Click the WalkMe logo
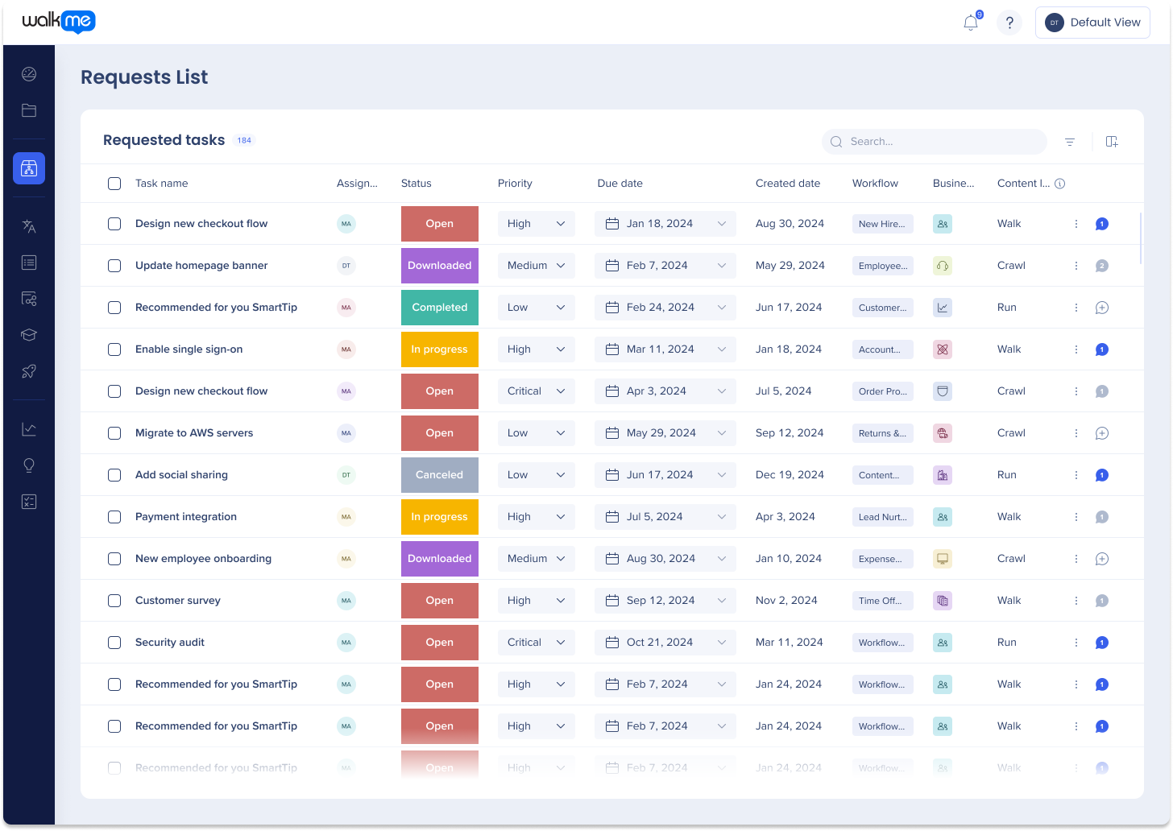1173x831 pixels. [x=59, y=23]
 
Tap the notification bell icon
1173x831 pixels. [x=971, y=23]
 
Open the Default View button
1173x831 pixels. [x=1092, y=23]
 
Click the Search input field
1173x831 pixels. [x=943, y=142]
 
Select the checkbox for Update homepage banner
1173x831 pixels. [x=114, y=266]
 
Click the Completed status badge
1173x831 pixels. [x=439, y=308]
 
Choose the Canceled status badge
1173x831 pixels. [x=439, y=475]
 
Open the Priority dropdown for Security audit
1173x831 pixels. [x=536, y=643]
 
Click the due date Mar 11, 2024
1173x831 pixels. [x=665, y=349]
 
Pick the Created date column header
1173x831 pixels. [x=787, y=184]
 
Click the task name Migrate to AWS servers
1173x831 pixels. [x=194, y=433]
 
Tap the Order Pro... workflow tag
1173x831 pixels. [x=882, y=391]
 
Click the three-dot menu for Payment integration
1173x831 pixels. [x=1076, y=517]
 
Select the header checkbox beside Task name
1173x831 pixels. [x=114, y=184]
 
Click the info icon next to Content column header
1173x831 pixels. [x=1059, y=184]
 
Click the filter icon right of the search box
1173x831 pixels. [x=1070, y=142]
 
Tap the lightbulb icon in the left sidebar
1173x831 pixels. [x=29, y=465]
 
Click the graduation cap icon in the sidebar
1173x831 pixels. [x=29, y=335]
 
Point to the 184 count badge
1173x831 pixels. [x=244, y=140]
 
